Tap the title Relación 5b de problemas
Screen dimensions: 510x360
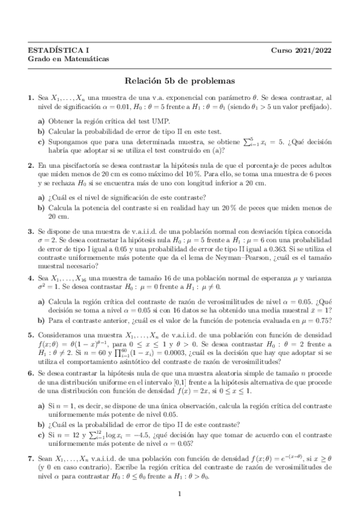click(180, 80)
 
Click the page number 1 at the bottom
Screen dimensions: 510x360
click(180, 494)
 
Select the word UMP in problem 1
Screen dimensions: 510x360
click(148, 120)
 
